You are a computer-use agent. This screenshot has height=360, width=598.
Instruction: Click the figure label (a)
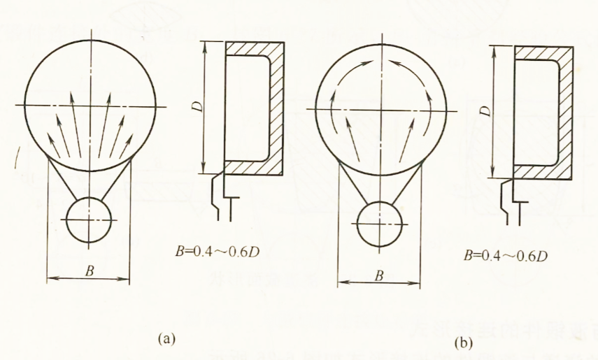click(166, 338)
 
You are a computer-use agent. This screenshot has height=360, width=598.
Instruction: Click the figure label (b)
click(463, 343)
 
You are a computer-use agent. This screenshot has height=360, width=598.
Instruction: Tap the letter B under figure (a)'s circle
click(89, 269)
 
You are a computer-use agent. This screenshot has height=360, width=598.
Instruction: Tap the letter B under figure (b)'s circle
click(378, 275)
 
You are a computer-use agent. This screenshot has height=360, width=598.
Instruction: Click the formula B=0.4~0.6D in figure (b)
click(505, 254)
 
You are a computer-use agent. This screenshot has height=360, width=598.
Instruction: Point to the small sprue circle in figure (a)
click(89, 219)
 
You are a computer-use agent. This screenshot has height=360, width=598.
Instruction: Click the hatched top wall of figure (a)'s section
click(255, 48)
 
